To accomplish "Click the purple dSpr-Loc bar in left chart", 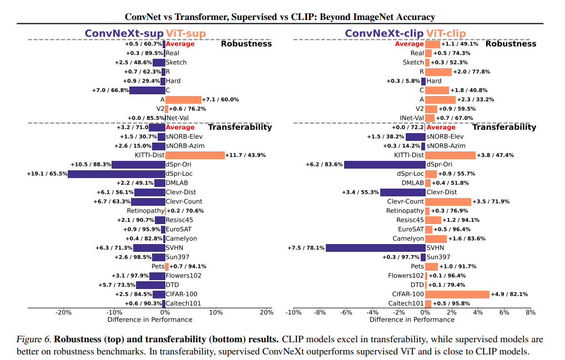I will [117, 174].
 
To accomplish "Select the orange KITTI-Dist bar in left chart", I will [195, 155].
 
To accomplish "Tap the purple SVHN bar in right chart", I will [375, 247].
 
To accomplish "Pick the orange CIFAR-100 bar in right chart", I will [457, 294].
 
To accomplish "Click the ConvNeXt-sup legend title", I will [124, 33].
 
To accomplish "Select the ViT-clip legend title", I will [446, 33].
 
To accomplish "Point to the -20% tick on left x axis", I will [64, 312].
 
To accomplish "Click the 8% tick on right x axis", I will [531, 312].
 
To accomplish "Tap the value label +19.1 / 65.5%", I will [47, 174].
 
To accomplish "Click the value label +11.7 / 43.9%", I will [246, 155].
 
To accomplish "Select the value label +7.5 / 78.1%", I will [306, 247].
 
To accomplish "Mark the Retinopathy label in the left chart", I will [145, 211].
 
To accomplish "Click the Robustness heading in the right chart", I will [511, 43].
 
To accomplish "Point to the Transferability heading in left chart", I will [240, 127].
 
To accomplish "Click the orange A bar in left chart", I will [183, 99].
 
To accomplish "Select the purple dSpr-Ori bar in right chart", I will [385, 164].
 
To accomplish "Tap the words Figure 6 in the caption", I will [34, 339].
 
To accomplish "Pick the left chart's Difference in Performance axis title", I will [149, 320].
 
